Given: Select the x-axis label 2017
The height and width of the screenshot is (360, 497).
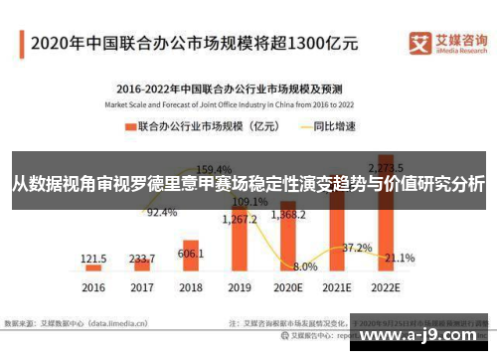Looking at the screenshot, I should pyautogui.click(x=142, y=287).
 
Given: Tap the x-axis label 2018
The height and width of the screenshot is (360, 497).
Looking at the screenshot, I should pyautogui.click(x=191, y=287).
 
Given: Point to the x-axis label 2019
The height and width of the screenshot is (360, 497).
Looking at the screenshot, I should pyautogui.click(x=241, y=287).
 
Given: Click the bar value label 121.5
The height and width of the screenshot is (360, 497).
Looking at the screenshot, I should pyautogui.click(x=94, y=257).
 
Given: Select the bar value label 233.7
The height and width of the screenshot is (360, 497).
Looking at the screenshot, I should pyautogui.click(x=143, y=257).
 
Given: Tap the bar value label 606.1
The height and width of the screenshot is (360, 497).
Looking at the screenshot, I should pyautogui.click(x=192, y=255).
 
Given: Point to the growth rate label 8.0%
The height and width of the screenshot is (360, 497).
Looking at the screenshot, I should pyautogui.click(x=305, y=267).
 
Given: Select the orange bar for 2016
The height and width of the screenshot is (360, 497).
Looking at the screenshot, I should pyautogui.click(x=93, y=268).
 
